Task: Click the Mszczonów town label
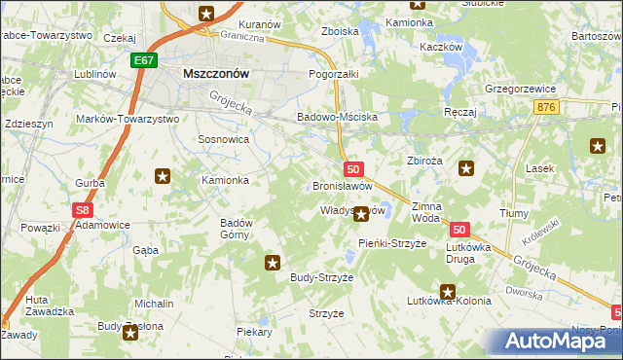(x=217, y=73)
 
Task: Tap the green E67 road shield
(x=144, y=60)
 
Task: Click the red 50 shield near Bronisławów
(x=353, y=169)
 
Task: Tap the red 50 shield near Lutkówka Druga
(x=460, y=230)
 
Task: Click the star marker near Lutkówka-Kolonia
(x=448, y=291)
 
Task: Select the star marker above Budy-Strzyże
(x=273, y=262)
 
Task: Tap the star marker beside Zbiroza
(x=466, y=168)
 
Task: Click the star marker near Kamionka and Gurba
(x=163, y=176)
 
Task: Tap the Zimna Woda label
(x=427, y=212)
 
